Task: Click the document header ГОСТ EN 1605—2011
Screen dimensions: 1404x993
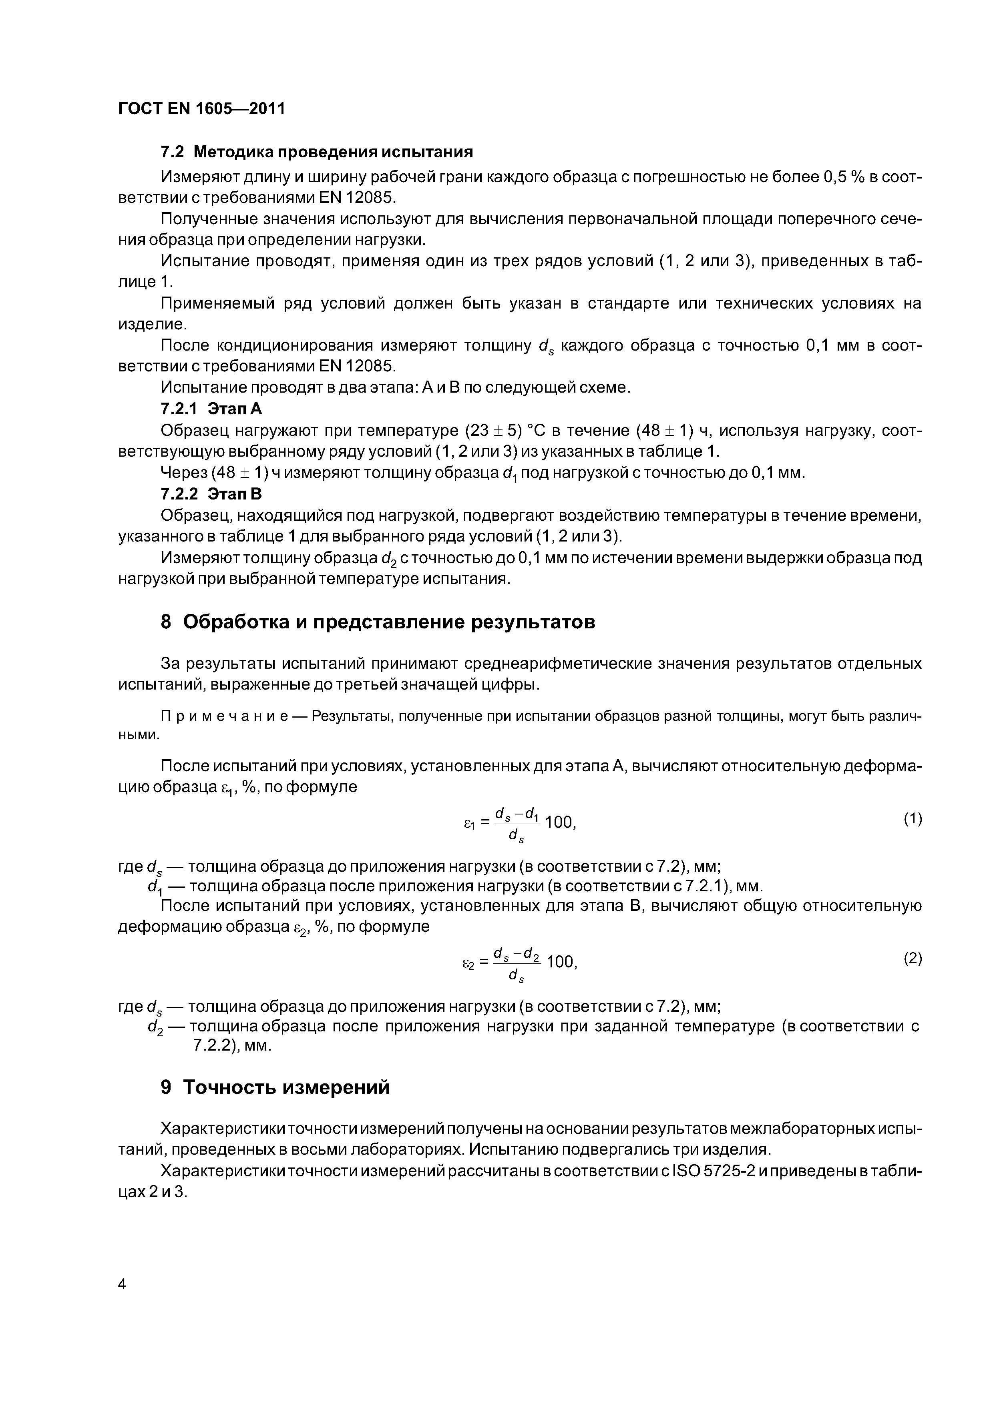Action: (x=201, y=109)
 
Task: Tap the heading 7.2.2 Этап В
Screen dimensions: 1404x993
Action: (x=211, y=493)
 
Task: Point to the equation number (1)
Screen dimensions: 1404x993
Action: (x=912, y=819)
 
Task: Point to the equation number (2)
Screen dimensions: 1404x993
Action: (x=912, y=958)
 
